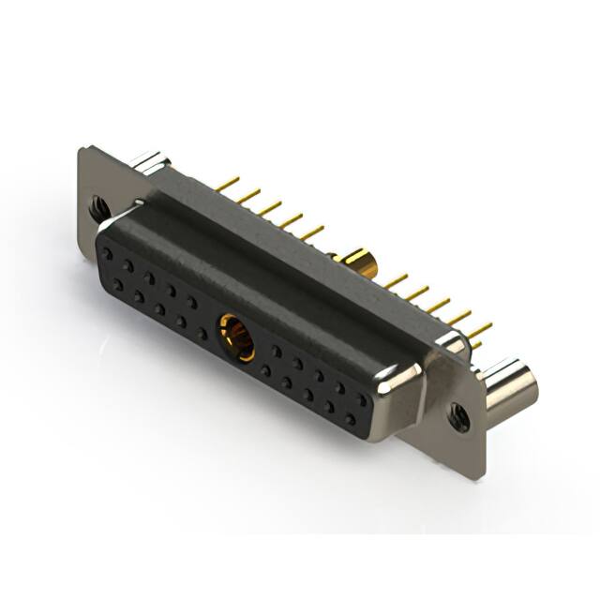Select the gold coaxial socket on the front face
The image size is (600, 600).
point(235,338)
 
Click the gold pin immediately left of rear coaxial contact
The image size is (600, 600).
point(315,231)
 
